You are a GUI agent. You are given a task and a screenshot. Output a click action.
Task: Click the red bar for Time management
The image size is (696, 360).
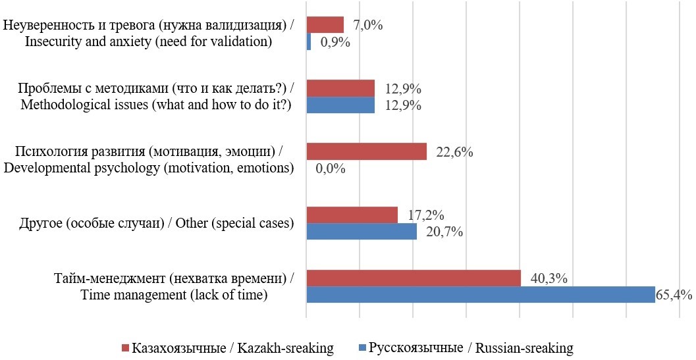click(x=414, y=278)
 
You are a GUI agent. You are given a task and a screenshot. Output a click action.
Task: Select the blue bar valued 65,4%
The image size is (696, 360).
click(x=481, y=295)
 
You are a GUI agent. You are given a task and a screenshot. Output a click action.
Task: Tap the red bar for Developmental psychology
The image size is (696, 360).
click(x=367, y=152)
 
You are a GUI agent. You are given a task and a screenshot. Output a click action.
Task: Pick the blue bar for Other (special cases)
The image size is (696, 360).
click(x=361, y=232)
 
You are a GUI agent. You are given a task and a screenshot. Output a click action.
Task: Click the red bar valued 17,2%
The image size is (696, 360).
click(x=352, y=215)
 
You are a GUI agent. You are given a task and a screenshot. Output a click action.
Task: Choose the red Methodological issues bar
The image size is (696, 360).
click(x=340, y=89)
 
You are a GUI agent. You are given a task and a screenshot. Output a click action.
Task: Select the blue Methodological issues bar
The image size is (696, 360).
click(x=340, y=105)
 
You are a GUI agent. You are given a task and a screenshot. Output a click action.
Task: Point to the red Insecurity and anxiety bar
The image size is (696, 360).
click(x=325, y=25)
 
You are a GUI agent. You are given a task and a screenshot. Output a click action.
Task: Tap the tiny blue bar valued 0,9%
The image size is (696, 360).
click(x=309, y=42)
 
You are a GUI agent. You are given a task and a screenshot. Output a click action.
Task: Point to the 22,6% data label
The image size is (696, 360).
click(x=454, y=152)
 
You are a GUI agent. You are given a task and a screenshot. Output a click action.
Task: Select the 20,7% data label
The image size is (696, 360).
click(x=444, y=232)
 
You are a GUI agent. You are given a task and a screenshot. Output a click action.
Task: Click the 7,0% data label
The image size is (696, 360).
click(x=368, y=25)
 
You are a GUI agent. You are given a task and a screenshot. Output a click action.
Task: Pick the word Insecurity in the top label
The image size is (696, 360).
click(x=51, y=41)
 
